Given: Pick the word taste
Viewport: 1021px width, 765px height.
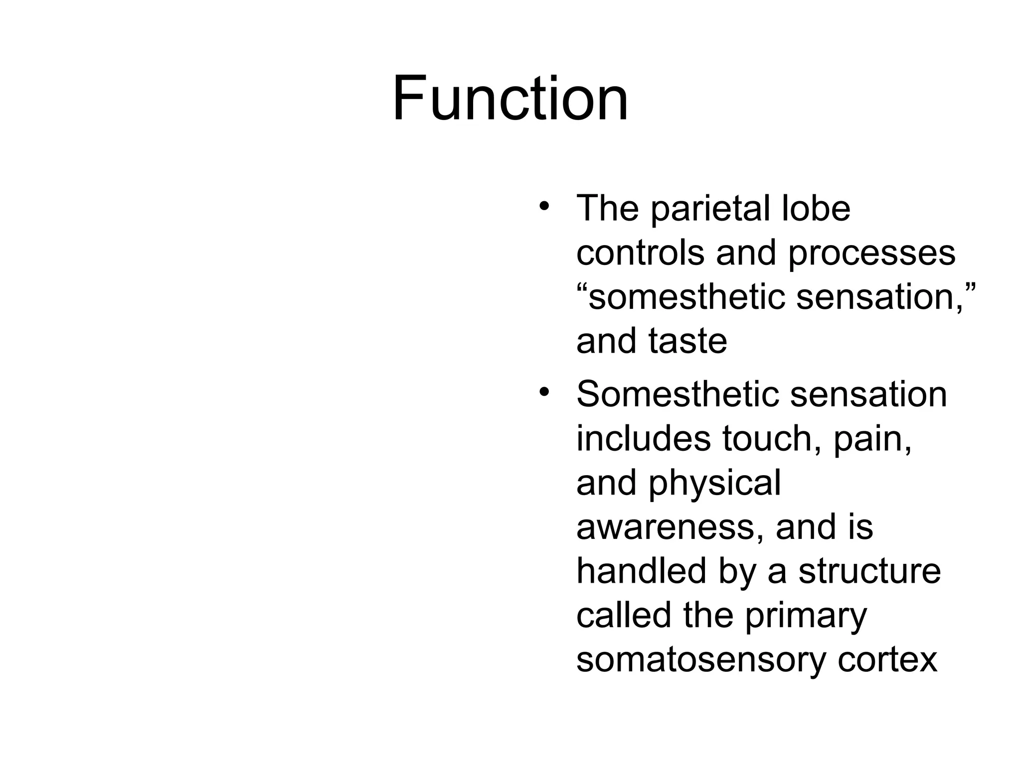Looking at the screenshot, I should [687, 341].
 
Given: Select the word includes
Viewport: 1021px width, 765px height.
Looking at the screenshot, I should [644, 438].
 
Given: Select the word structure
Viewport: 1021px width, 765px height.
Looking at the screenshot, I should [869, 571].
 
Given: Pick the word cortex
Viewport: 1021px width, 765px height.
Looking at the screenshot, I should [887, 659].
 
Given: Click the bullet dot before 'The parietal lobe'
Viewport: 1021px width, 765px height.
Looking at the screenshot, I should [544, 206].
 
